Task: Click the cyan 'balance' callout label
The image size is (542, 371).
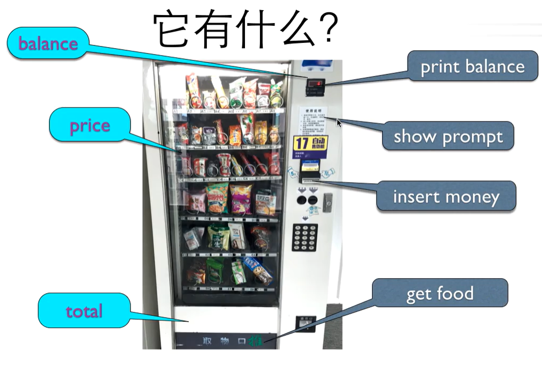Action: (x=48, y=43)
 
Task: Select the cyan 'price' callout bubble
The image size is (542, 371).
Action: (x=90, y=126)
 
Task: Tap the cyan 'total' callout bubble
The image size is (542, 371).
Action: (x=84, y=310)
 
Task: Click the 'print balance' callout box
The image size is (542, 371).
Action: (x=472, y=66)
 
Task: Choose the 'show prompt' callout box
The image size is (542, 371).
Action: (x=448, y=136)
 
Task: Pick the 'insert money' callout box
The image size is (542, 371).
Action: (x=446, y=196)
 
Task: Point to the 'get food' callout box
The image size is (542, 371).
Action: (x=440, y=293)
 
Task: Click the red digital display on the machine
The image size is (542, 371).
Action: (x=315, y=83)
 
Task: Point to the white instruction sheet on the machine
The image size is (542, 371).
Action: (x=313, y=120)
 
